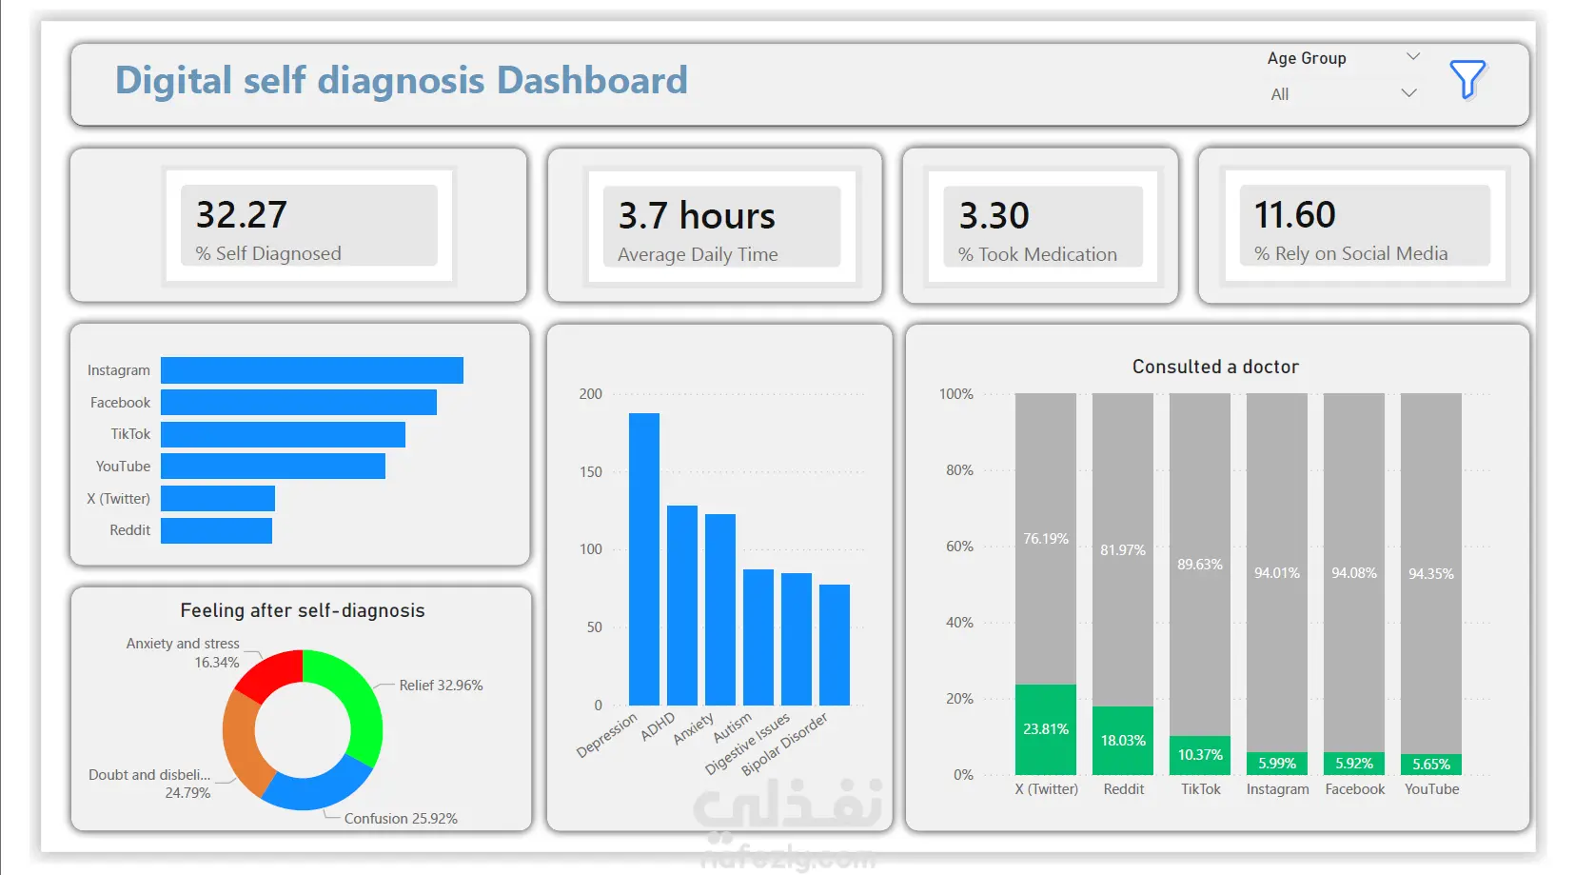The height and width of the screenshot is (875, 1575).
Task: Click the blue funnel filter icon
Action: [x=1467, y=79]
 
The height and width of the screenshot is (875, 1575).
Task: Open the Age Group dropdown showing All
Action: [x=1343, y=94]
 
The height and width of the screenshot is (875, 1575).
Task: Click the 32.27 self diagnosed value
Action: [x=241, y=214]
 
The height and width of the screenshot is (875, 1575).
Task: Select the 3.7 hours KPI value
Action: [x=696, y=215]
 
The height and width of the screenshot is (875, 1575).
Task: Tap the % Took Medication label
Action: [x=1037, y=254]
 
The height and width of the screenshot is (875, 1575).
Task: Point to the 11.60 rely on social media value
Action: [x=1294, y=214]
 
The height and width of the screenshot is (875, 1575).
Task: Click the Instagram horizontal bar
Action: [x=312, y=370]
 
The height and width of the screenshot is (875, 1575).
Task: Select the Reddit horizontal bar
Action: [x=217, y=530]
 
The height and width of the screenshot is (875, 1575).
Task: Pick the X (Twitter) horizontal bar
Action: [x=218, y=499]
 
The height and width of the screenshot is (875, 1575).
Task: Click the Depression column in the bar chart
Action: [x=644, y=559]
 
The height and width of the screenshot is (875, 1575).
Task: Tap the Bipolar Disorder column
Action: [x=835, y=645]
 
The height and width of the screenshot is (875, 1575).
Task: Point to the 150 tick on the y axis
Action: [x=591, y=472]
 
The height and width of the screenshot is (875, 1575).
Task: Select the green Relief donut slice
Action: [x=360, y=704]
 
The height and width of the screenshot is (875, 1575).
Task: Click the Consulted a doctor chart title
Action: [x=1215, y=367]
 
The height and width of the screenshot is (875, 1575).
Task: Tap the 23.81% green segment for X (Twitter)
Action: [x=1046, y=729]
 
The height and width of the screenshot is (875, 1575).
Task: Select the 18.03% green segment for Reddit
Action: [x=1123, y=741]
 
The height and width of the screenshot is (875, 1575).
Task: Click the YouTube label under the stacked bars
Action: [x=1431, y=789]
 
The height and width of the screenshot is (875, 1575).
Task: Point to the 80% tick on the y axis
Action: [x=959, y=469]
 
